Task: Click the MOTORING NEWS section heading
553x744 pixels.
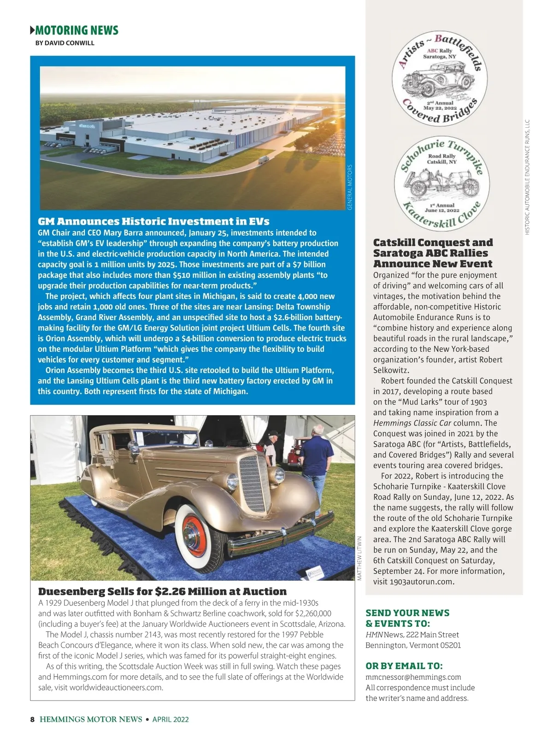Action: tap(76, 30)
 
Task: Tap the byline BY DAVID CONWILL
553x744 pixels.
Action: tap(65, 43)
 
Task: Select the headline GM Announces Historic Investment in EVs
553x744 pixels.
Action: tap(153, 221)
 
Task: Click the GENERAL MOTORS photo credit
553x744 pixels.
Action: tap(350, 187)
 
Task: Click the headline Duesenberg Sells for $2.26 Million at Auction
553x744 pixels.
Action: tap(162, 591)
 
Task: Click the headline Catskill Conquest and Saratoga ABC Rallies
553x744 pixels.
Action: tap(433, 253)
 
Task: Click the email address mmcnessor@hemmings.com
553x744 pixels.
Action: tap(413, 677)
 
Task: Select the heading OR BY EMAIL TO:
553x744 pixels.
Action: tap(404, 666)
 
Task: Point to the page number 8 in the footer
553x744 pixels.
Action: tap(32, 720)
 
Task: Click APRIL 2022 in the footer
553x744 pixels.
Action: tap(171, 720)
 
